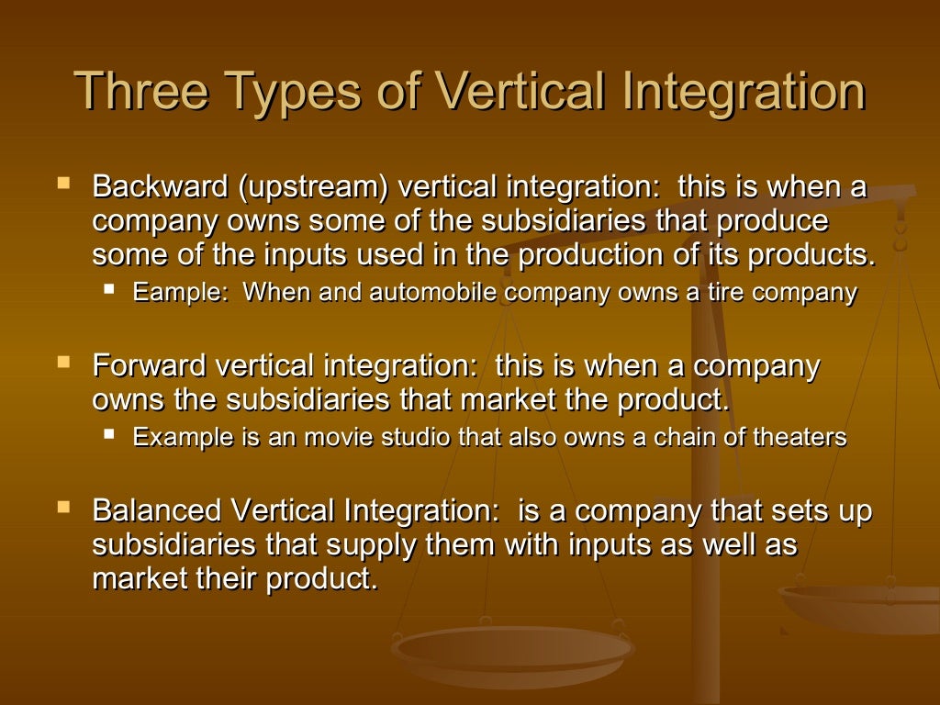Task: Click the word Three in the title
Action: (138, 91)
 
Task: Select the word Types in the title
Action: (288, 91)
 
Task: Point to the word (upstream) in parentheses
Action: (314, 187)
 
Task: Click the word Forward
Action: (150, 366)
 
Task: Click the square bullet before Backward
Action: (63, 184)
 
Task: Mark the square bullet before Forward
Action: (63, 363)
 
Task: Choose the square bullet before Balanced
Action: (63, 507)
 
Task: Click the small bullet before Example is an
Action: (110, 433)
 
